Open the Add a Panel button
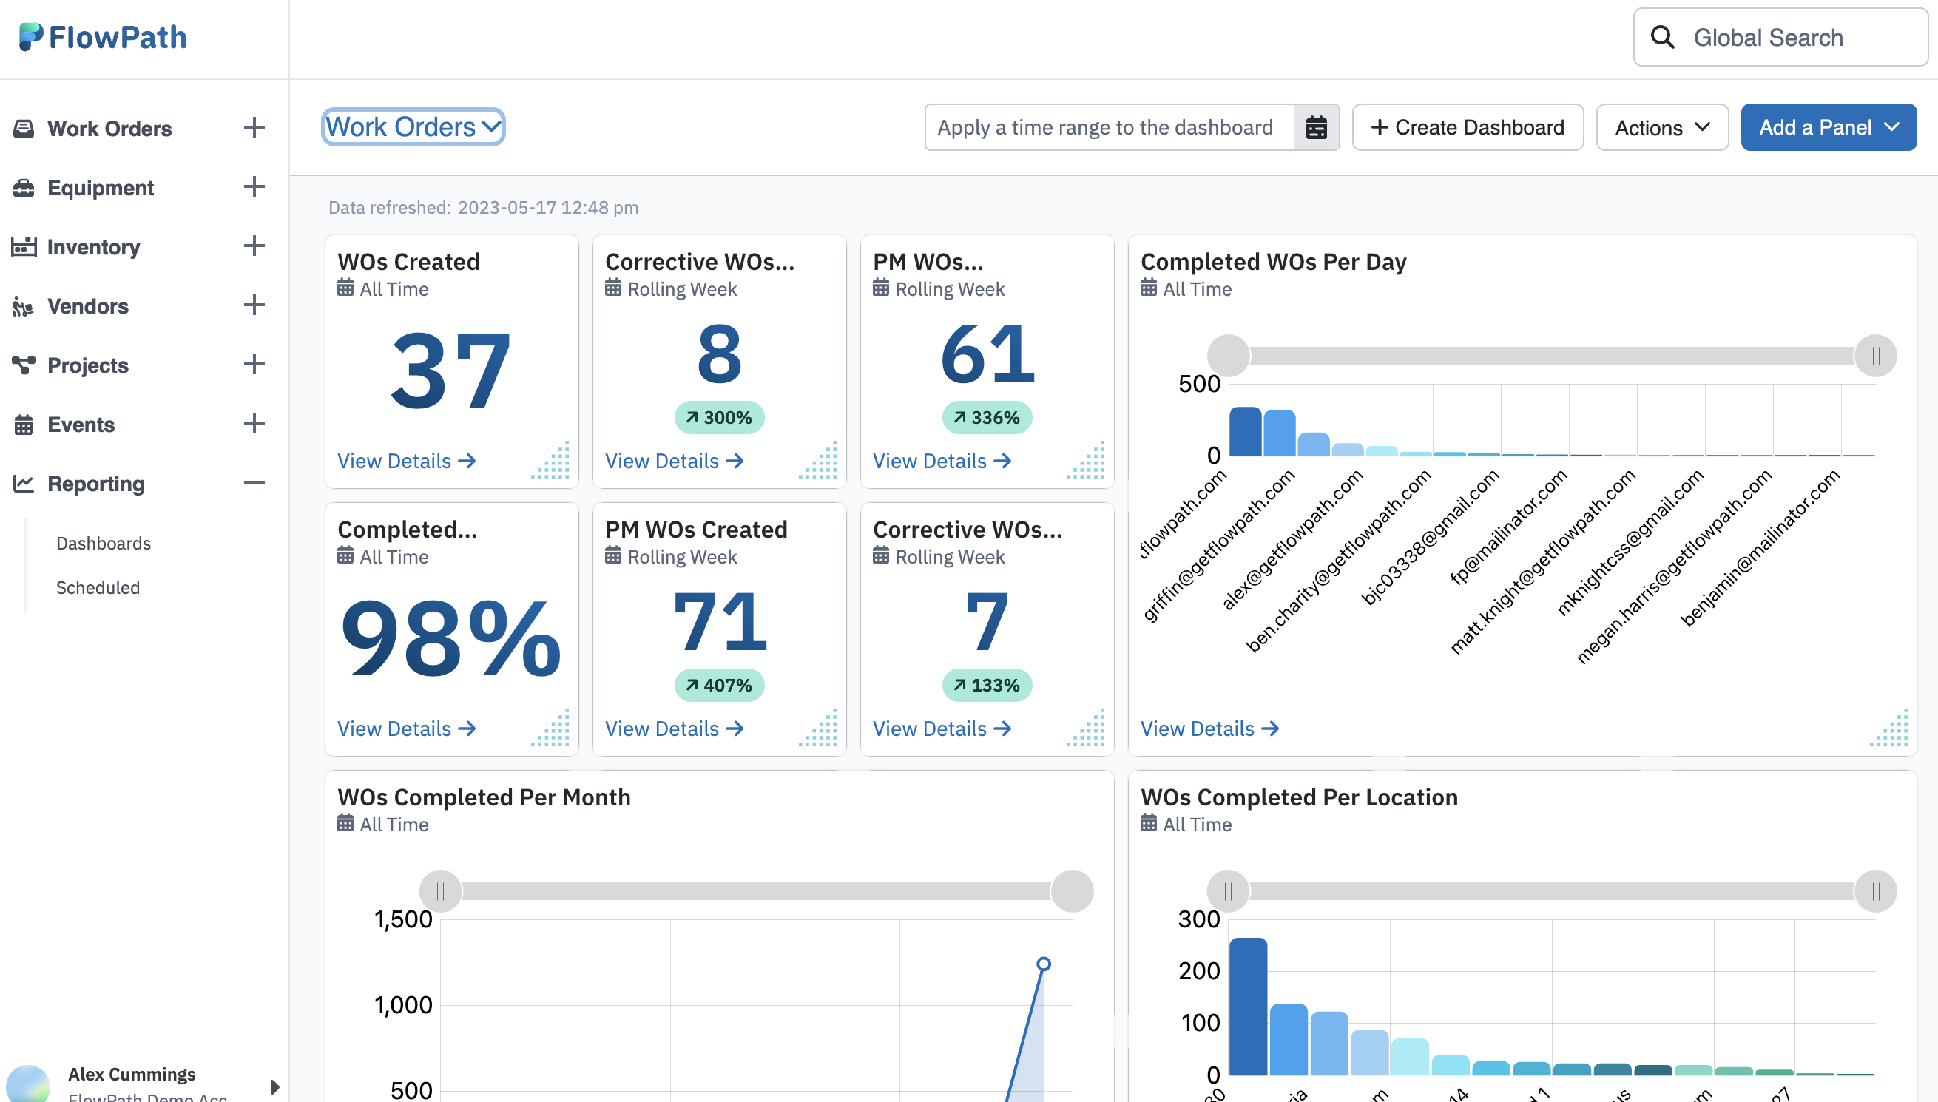click(1827, 127)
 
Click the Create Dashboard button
click(1467, 127)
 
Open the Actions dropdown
click(1661, 127)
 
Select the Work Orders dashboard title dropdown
click(413, 126)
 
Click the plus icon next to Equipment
click(254, 186)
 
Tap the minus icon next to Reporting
click(254, 482)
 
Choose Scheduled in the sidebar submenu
click(98, 587)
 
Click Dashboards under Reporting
click(103, 543)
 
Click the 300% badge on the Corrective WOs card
click(718, 417)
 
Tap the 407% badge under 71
click(718, 685)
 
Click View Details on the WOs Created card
click(405, 460)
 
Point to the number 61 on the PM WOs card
click(986, 354)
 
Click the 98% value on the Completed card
click(450, 638)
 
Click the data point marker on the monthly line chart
click(1043, 964)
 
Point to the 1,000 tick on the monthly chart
click(402, 1004)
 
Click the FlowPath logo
click(103, 37)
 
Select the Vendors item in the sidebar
click(88, 305)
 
